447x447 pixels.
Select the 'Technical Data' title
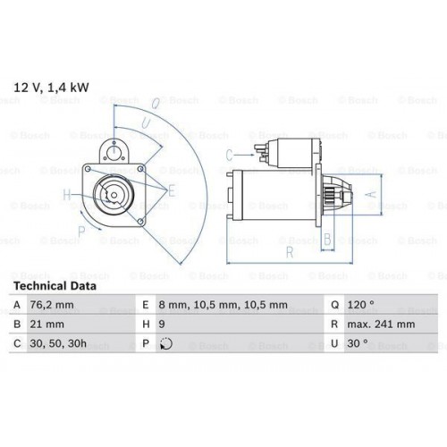[55, 286]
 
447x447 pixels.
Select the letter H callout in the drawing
[66, 194]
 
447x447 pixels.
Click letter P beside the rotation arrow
[81, 230]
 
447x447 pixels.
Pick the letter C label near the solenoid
[228, 154]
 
